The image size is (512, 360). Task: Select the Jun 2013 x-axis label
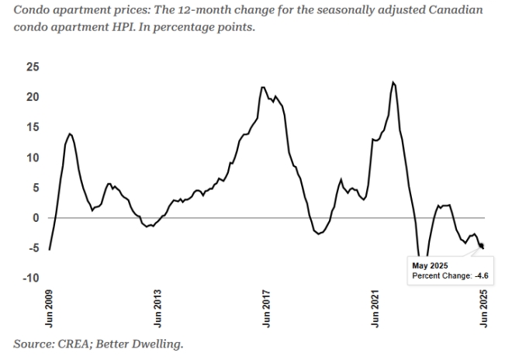tap(158, 306)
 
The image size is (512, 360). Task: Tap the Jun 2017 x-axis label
tap(267, 306)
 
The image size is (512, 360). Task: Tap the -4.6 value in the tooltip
tap(487, 275)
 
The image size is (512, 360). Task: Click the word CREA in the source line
tap(74, 341)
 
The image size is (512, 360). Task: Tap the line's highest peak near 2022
tap(394, 81)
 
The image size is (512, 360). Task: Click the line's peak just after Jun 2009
tap(71, 133)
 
